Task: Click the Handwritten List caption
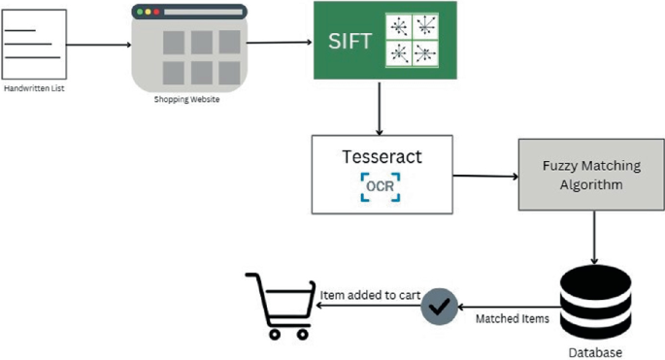tap(34, 89)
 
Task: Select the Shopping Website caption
tap(186, 99)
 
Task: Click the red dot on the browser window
tap(139, 13)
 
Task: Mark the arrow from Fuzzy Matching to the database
tap(595, 237)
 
